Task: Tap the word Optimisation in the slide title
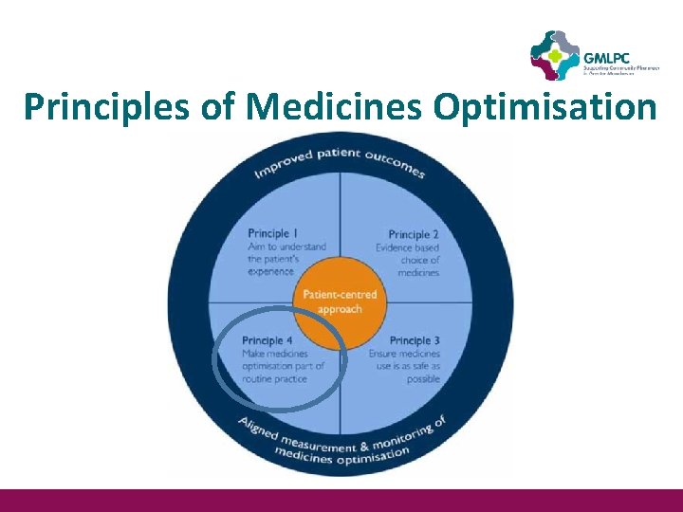[x=545, y=107]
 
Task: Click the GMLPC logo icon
[x=555, y=55]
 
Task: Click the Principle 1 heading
[x=273, y=233]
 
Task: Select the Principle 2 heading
[x=414, y=234]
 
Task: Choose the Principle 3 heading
[x=415, y=340]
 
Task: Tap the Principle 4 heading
[x=268, y=340]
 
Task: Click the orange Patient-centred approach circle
[x=340, y=301]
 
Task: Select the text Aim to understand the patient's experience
[x=286, y=258]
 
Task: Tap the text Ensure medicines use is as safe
[x=405, y=359]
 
